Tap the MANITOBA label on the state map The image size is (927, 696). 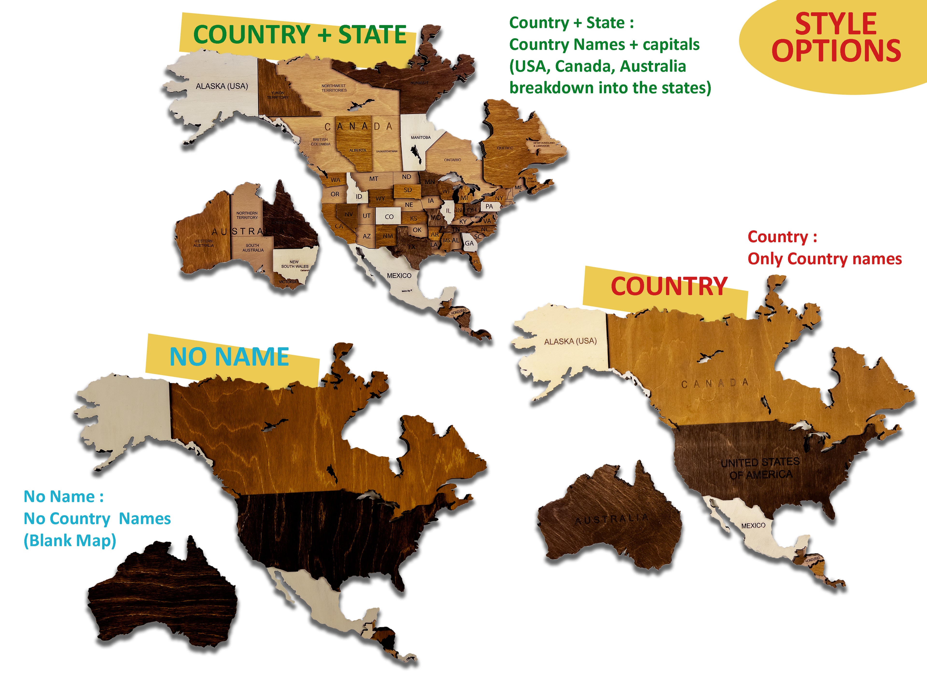[420, 138]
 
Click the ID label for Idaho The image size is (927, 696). [359, 196]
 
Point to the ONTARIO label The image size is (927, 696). [453, 160]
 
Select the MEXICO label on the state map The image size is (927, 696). [399, 276]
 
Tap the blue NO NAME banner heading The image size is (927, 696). [229, 357]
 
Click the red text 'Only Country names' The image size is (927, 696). [824, 259]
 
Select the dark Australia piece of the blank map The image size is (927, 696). [163, 596]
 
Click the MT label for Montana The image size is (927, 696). [373, 179]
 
